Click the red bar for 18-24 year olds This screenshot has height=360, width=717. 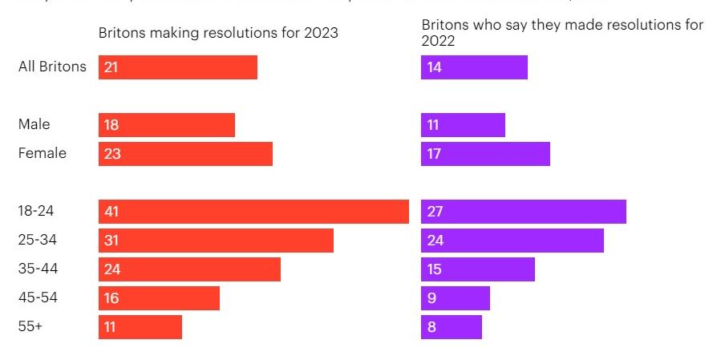253,212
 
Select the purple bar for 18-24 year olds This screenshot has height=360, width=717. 523,212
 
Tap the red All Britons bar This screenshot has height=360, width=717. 178,67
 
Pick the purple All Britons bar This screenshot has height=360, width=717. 474,67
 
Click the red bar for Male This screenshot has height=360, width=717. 167,125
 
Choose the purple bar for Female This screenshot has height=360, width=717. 485,154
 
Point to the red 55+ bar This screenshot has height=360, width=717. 140,327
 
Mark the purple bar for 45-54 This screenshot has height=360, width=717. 455,298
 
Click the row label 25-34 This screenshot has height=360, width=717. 38,240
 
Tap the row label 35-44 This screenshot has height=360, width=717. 38,269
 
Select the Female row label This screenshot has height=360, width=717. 43,153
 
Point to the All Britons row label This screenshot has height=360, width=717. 52,67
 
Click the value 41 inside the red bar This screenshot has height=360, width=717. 111,212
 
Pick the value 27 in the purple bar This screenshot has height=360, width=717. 435,212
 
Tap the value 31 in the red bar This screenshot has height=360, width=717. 111,241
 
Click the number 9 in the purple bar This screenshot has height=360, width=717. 431,298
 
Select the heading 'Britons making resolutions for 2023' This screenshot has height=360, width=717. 218,33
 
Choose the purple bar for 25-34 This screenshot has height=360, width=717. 512,241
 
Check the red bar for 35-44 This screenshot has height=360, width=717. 189,269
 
